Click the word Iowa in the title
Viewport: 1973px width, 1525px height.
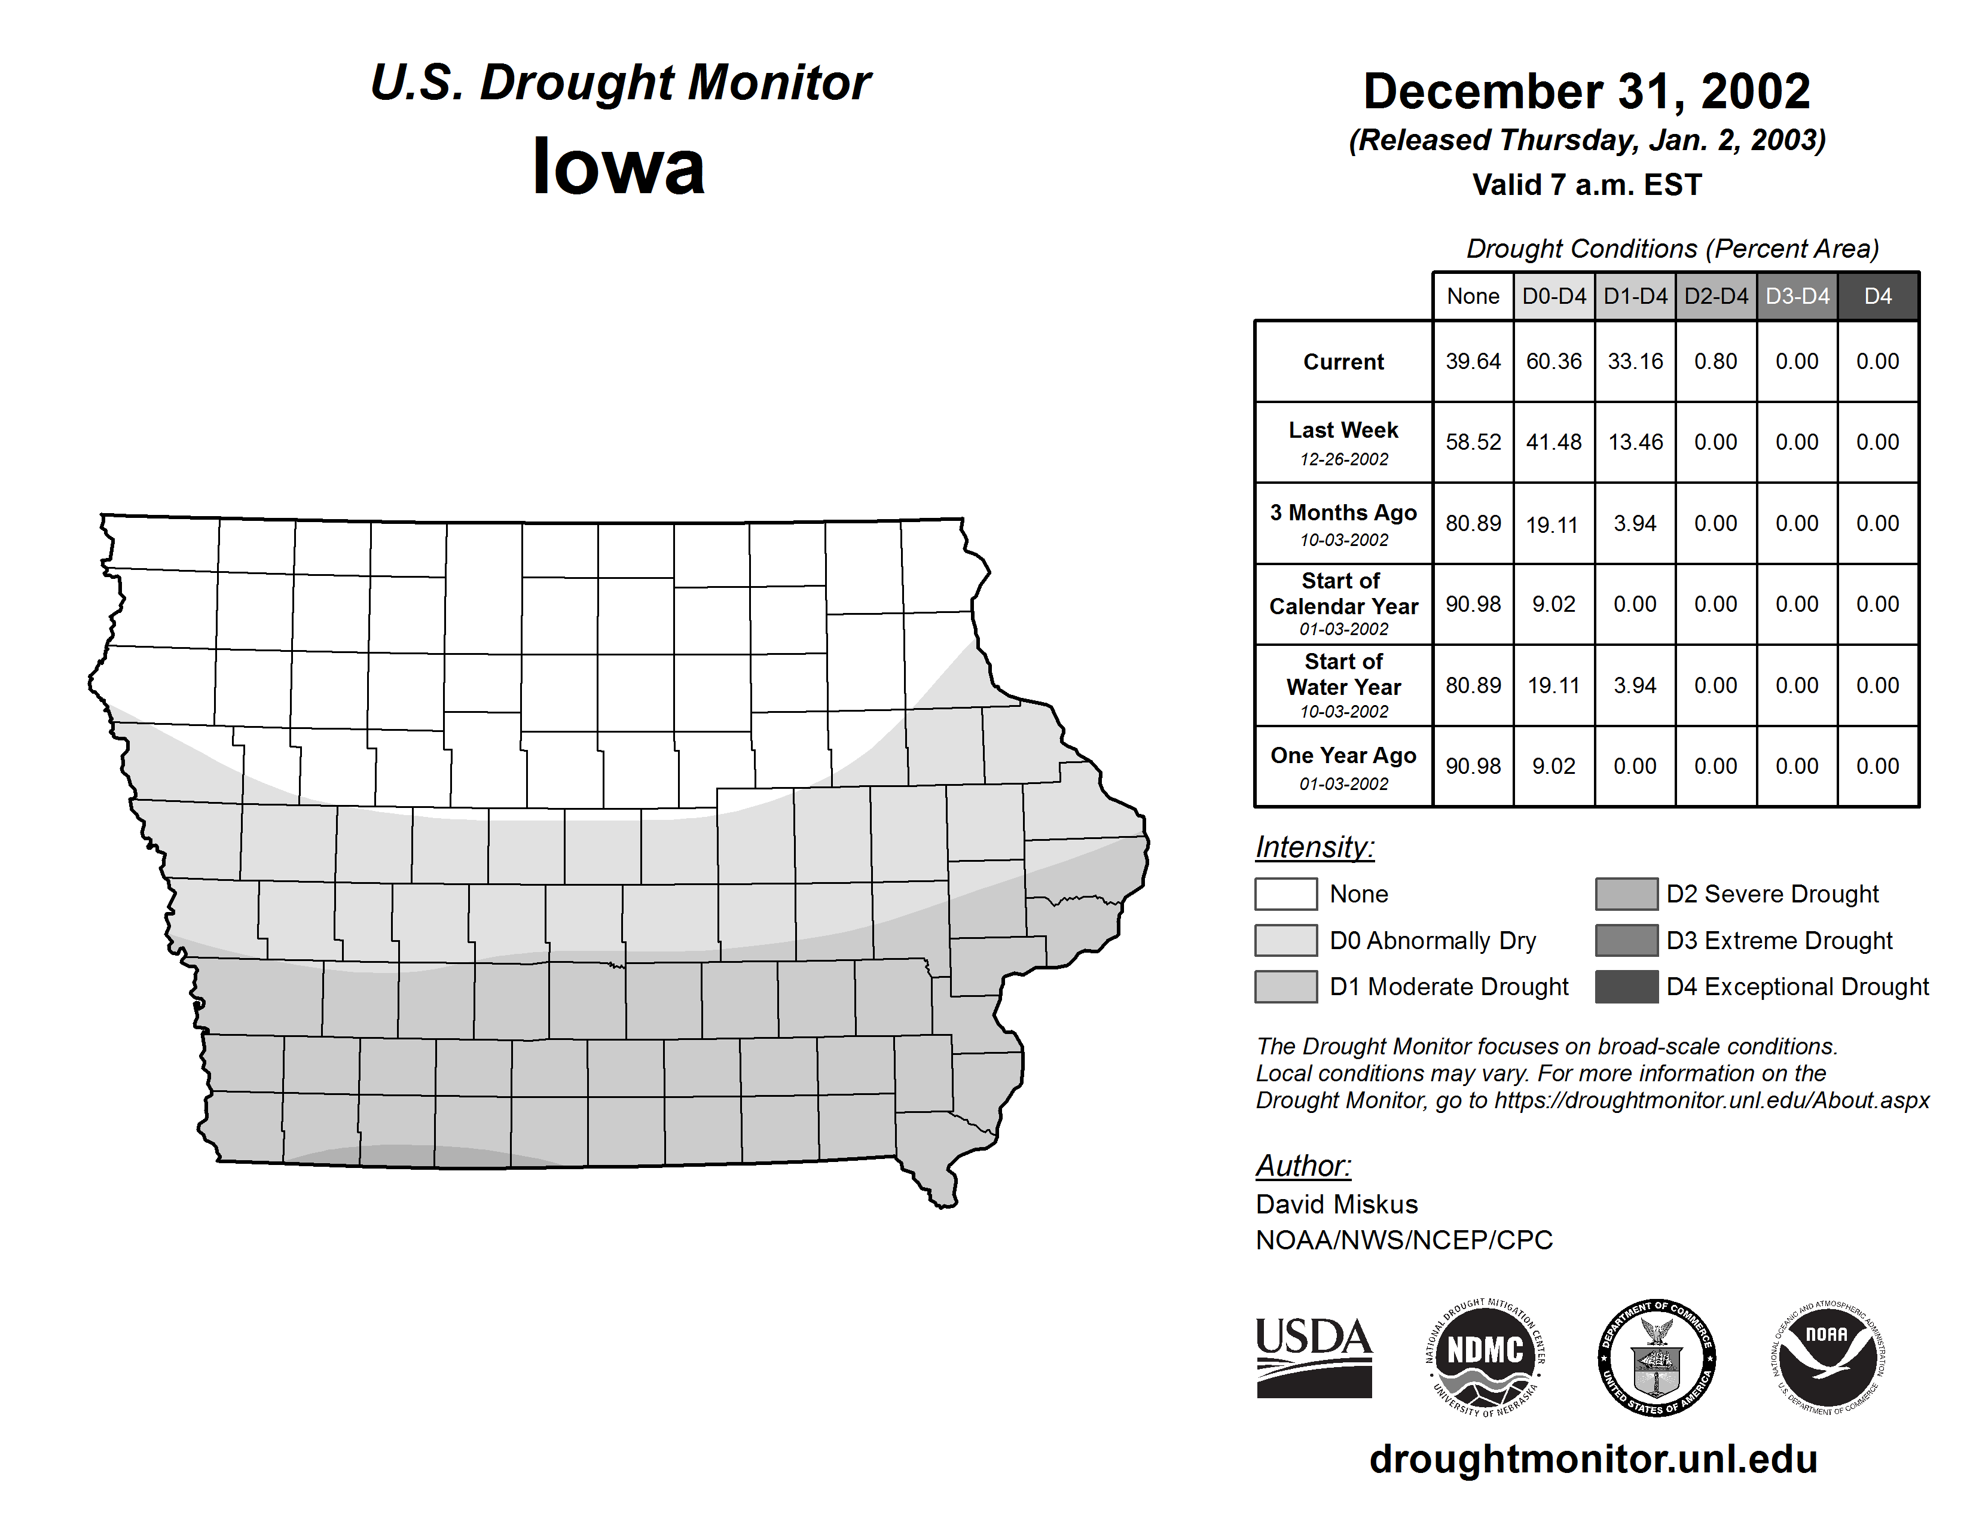[x=618, y=167]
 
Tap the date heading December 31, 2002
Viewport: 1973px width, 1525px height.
[x=1586, y=91]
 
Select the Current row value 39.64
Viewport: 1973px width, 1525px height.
[x=1473, y=361]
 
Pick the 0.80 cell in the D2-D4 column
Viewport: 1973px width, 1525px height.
[x=1715, y=361]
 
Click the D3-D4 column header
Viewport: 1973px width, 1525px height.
[x=1797, y=296]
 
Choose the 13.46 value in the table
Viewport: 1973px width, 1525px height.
[x=1635, y=442]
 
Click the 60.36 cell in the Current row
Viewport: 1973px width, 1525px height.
[x=1554, y=361]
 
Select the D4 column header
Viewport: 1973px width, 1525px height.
[x=1877, y=296]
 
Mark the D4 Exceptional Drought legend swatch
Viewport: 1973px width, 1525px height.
[x=1626, y=987]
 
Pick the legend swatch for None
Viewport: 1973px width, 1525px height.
[x=1285, y=893]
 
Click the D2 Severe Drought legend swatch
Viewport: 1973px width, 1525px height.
[x=1626, y=893]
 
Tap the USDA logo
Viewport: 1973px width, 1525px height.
[x=1314, y=1357]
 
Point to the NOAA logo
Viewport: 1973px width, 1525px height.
[x=1828, y=1357]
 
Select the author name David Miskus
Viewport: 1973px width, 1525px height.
[x=1337, y=1204]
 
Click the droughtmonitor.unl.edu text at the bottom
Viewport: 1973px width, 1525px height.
[x=1593, y=1460]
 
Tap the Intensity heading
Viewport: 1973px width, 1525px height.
[x=1314, y=847]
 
